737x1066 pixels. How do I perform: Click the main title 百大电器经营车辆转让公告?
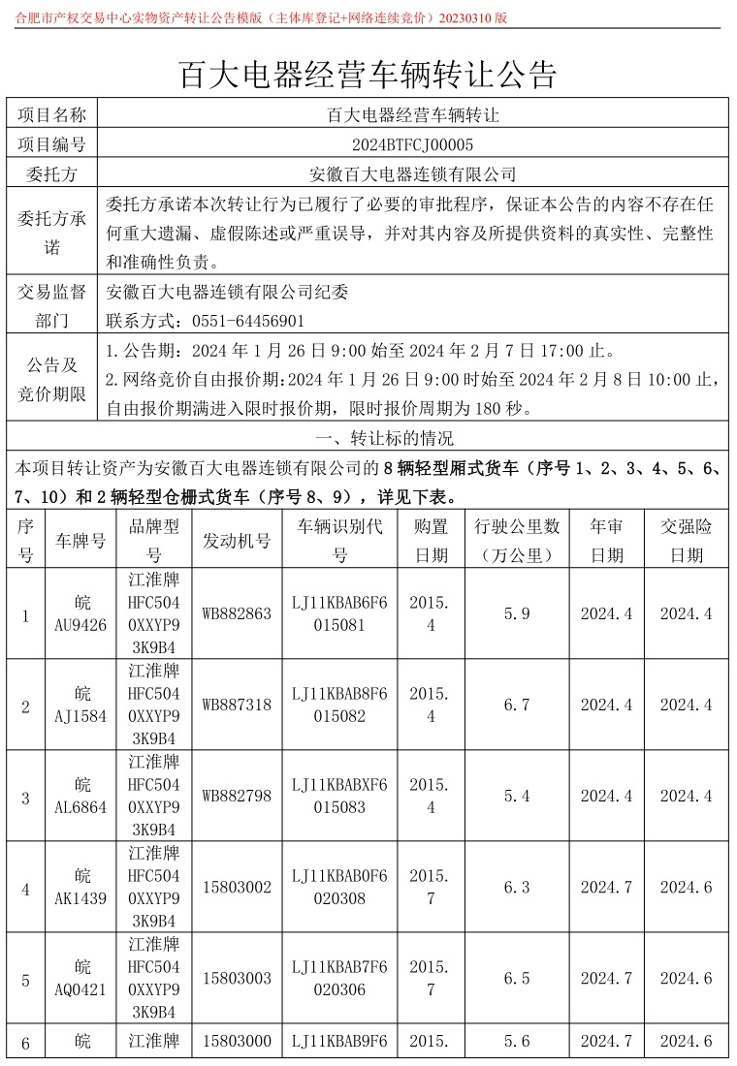(x=368, y=74)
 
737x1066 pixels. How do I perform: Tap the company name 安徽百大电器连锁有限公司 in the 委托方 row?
(x=412, y=175)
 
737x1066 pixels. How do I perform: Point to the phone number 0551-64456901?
(x=248, y=321)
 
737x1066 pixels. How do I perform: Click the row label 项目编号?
(x=52, y=145)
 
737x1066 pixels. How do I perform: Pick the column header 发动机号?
(x=237, y=541)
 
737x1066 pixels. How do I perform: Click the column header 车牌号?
(x=81, y=541)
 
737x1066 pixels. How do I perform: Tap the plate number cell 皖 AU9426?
(x=81, y=613)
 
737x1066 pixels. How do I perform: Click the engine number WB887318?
(x=237, y=705)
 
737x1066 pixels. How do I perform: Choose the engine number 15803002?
(x=237, y=888)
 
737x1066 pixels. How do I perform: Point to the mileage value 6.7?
(x=517, y=705)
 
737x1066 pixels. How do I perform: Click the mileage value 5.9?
(x=517, y=613)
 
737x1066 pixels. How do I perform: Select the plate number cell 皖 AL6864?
(x=81, y=796)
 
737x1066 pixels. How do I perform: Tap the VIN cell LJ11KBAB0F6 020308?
(x=339, y=888)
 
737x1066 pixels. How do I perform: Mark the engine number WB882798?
(x=237, y=796)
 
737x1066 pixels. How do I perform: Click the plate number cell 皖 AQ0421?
(x=81, y=978)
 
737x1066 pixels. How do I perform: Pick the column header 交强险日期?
(x=687, y=541)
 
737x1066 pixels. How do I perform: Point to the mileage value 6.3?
(x=517, y=888)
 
